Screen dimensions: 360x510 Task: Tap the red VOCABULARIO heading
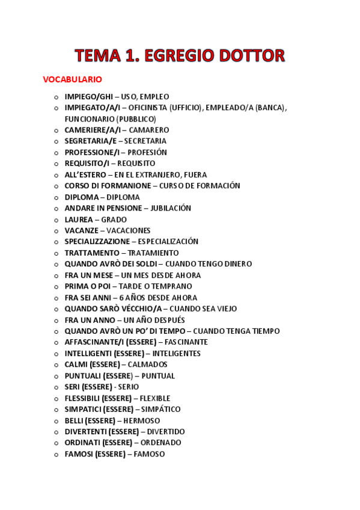(x=72, y=79)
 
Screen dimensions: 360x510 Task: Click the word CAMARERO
(x=149, y=130)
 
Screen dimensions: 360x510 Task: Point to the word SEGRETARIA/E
(x=90, y=141)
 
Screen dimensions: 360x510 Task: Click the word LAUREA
(x=79, y=220)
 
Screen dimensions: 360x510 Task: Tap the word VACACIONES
(x=128, y=230)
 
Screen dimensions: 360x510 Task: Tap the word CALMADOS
(x=147, y=364)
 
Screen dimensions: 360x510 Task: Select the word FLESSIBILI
(x=82, y=398)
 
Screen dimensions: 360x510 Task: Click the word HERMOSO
(x=141, y=420)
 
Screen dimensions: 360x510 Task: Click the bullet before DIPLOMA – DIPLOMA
(x=56, y=197)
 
